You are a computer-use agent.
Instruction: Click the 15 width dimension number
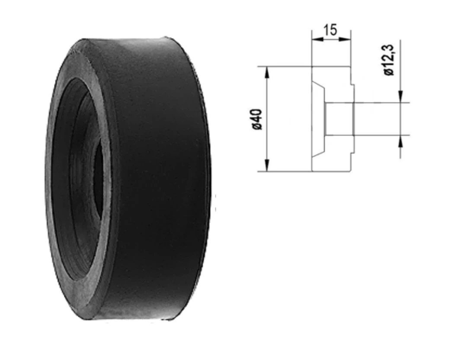(x=330, y=30)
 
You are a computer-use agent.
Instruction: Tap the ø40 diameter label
(x=257, y=119)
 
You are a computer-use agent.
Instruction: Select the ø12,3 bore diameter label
(x=389, y=60)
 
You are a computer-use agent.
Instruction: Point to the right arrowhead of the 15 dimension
(x=345, y=39)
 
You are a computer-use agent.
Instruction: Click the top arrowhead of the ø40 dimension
(x=267, y=73)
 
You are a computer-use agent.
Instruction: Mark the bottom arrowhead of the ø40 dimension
(x=267, y=165)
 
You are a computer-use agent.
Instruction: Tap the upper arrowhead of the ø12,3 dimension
(x=400, y=96)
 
